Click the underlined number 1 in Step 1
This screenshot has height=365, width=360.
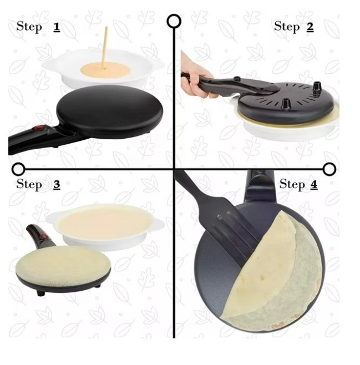tap(57, 27)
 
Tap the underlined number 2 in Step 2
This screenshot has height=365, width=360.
tap(310, 27)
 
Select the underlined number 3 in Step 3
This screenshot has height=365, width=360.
tap(57, 185)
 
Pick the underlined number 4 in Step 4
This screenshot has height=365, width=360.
tap(314, 185)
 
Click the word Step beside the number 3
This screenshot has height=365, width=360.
tap(29, 184)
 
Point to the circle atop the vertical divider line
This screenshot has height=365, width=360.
tap(174, 21)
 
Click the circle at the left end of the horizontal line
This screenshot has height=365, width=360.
tap(18, 169)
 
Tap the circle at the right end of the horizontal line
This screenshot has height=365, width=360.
tap(329, 169)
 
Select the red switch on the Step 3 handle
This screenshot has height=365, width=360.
tap(43, 237)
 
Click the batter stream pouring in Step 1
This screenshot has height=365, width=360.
tap(104, 48)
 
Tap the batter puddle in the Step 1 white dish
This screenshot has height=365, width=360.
tap(105, 70)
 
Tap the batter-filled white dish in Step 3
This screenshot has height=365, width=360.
tap(105, 227)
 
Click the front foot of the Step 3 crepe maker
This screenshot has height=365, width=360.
tap(40, 292)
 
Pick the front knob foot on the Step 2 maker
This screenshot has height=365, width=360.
tap(285, 104)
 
